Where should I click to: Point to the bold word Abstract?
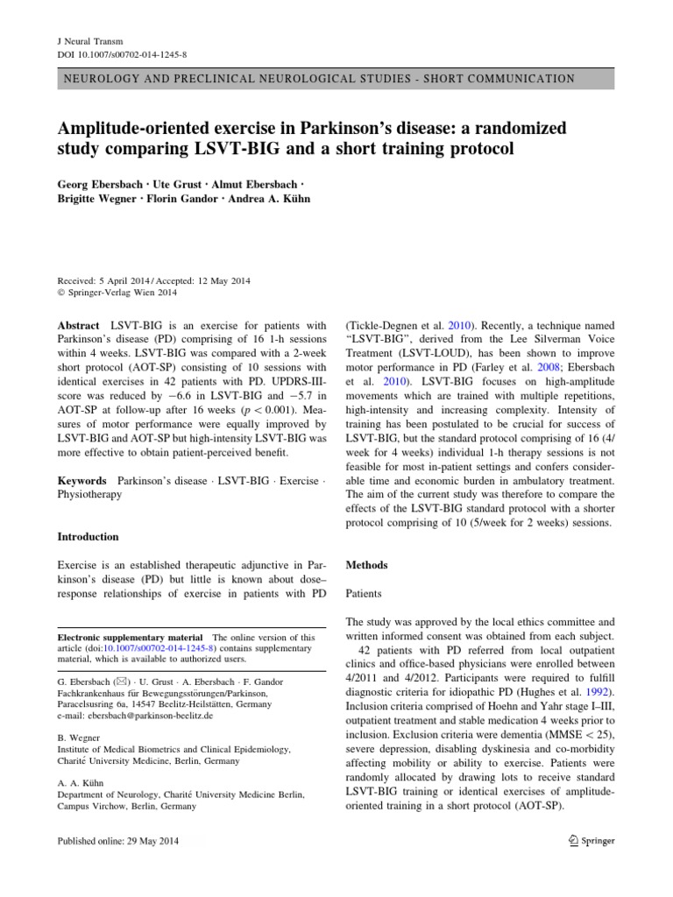(x=78, y=325)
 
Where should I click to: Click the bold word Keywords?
(x=81, y=481)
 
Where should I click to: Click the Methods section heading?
(x=367, y=565)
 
